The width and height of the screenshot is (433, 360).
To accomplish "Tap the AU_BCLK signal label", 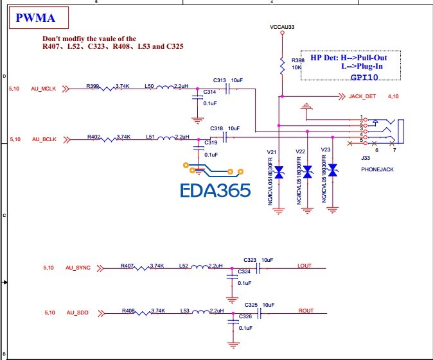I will [x=44, y=139].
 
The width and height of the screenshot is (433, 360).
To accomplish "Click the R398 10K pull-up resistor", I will [x=281, y=65].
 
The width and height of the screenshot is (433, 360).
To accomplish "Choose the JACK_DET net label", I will [x=362, y=97].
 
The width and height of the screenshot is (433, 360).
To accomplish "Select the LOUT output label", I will [x=305, y=266].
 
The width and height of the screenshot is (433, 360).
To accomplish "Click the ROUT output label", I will [x=306, y=311].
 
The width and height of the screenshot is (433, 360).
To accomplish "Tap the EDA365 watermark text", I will [x=215, y=191].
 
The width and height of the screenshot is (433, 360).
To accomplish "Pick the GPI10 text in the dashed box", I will [x=364, y=76].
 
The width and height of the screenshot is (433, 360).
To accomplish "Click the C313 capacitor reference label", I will [x=220, y=80].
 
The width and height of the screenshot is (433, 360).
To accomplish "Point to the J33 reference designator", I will [x=366, y=158].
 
